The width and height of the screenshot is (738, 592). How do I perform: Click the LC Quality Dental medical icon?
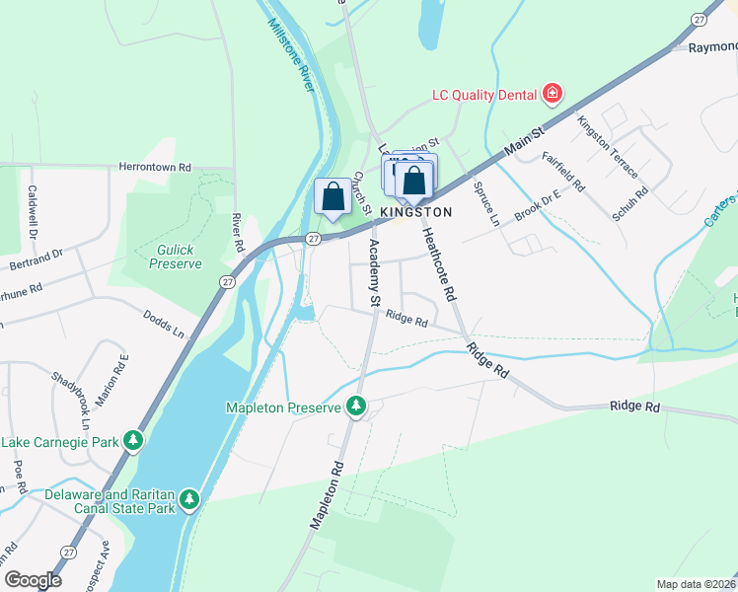pyautogui.click(x=552, y=95)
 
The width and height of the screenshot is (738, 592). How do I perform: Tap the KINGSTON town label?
pyautogui.click(x=415, y=212)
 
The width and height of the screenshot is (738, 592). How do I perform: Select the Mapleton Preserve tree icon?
pyautogui.click(x=356, y=407)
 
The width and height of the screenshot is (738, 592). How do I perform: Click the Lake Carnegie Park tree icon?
pyautogui.click(x=132, y=441)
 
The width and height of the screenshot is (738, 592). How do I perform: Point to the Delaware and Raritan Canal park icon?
pyautogui.click(x=189, y=501)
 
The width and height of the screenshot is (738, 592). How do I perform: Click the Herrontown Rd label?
pyautogui.click(x=154, y=168)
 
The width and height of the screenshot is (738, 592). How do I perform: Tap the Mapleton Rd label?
pyautogui.click(x=329, y=494)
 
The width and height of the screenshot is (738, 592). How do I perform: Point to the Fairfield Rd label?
pyautogui.click(x=563, y=171)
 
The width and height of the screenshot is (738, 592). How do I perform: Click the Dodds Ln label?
pyautogui.click(x=164, y=323)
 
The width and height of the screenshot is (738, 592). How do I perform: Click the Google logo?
pyautogui.click(x=32, y=580)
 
